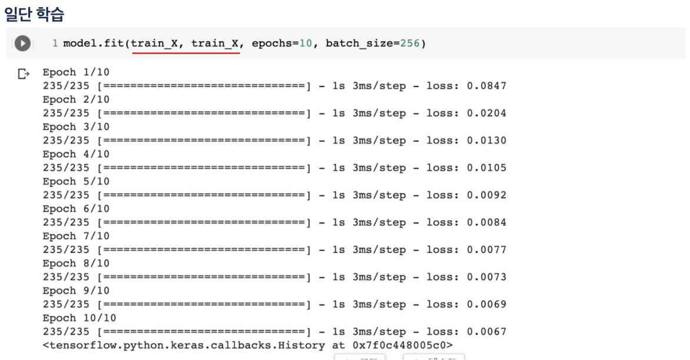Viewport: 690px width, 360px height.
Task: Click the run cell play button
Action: point(22,44)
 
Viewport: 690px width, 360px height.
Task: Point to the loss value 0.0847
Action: point(486,86)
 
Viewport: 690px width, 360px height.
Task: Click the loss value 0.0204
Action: point(486,114)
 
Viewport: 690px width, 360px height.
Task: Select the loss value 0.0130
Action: point(486,141)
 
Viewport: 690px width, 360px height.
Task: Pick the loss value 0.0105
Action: point(486,168)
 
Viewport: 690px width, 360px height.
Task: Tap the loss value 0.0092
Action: point(486,195)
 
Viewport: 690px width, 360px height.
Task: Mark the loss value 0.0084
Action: point(486,223)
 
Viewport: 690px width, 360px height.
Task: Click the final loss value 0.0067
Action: point(486,332)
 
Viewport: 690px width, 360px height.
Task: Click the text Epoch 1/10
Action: point(76,72)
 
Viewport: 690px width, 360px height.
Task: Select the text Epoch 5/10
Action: point(76,182)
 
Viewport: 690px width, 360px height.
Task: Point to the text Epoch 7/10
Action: point(76,236)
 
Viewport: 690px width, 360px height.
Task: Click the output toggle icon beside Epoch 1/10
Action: point(24,74)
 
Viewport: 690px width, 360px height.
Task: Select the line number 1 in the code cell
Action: point(55,44)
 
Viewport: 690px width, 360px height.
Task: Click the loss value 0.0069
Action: point(486,305)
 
